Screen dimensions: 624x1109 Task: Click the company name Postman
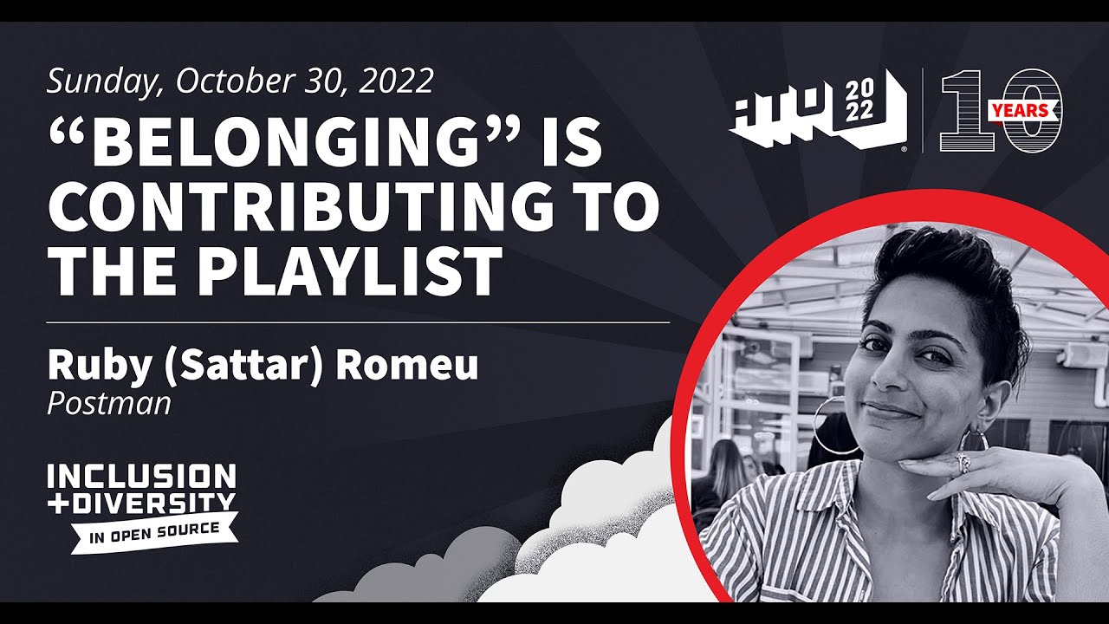[x=109, y=404]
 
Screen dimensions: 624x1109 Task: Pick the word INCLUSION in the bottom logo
[x=142, y=476]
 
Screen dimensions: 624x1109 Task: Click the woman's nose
[x=891, y=373]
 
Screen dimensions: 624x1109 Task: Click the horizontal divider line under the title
[x=359, y=322]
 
